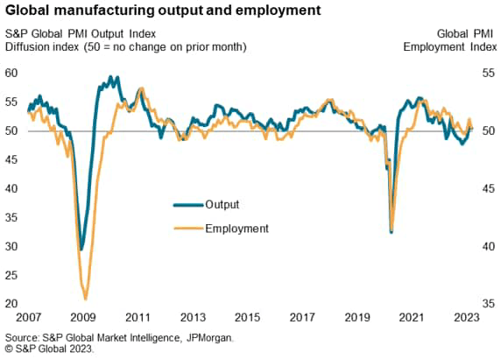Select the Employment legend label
click(x=236, y=228)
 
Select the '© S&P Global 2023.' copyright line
click(x=50, y=349)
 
